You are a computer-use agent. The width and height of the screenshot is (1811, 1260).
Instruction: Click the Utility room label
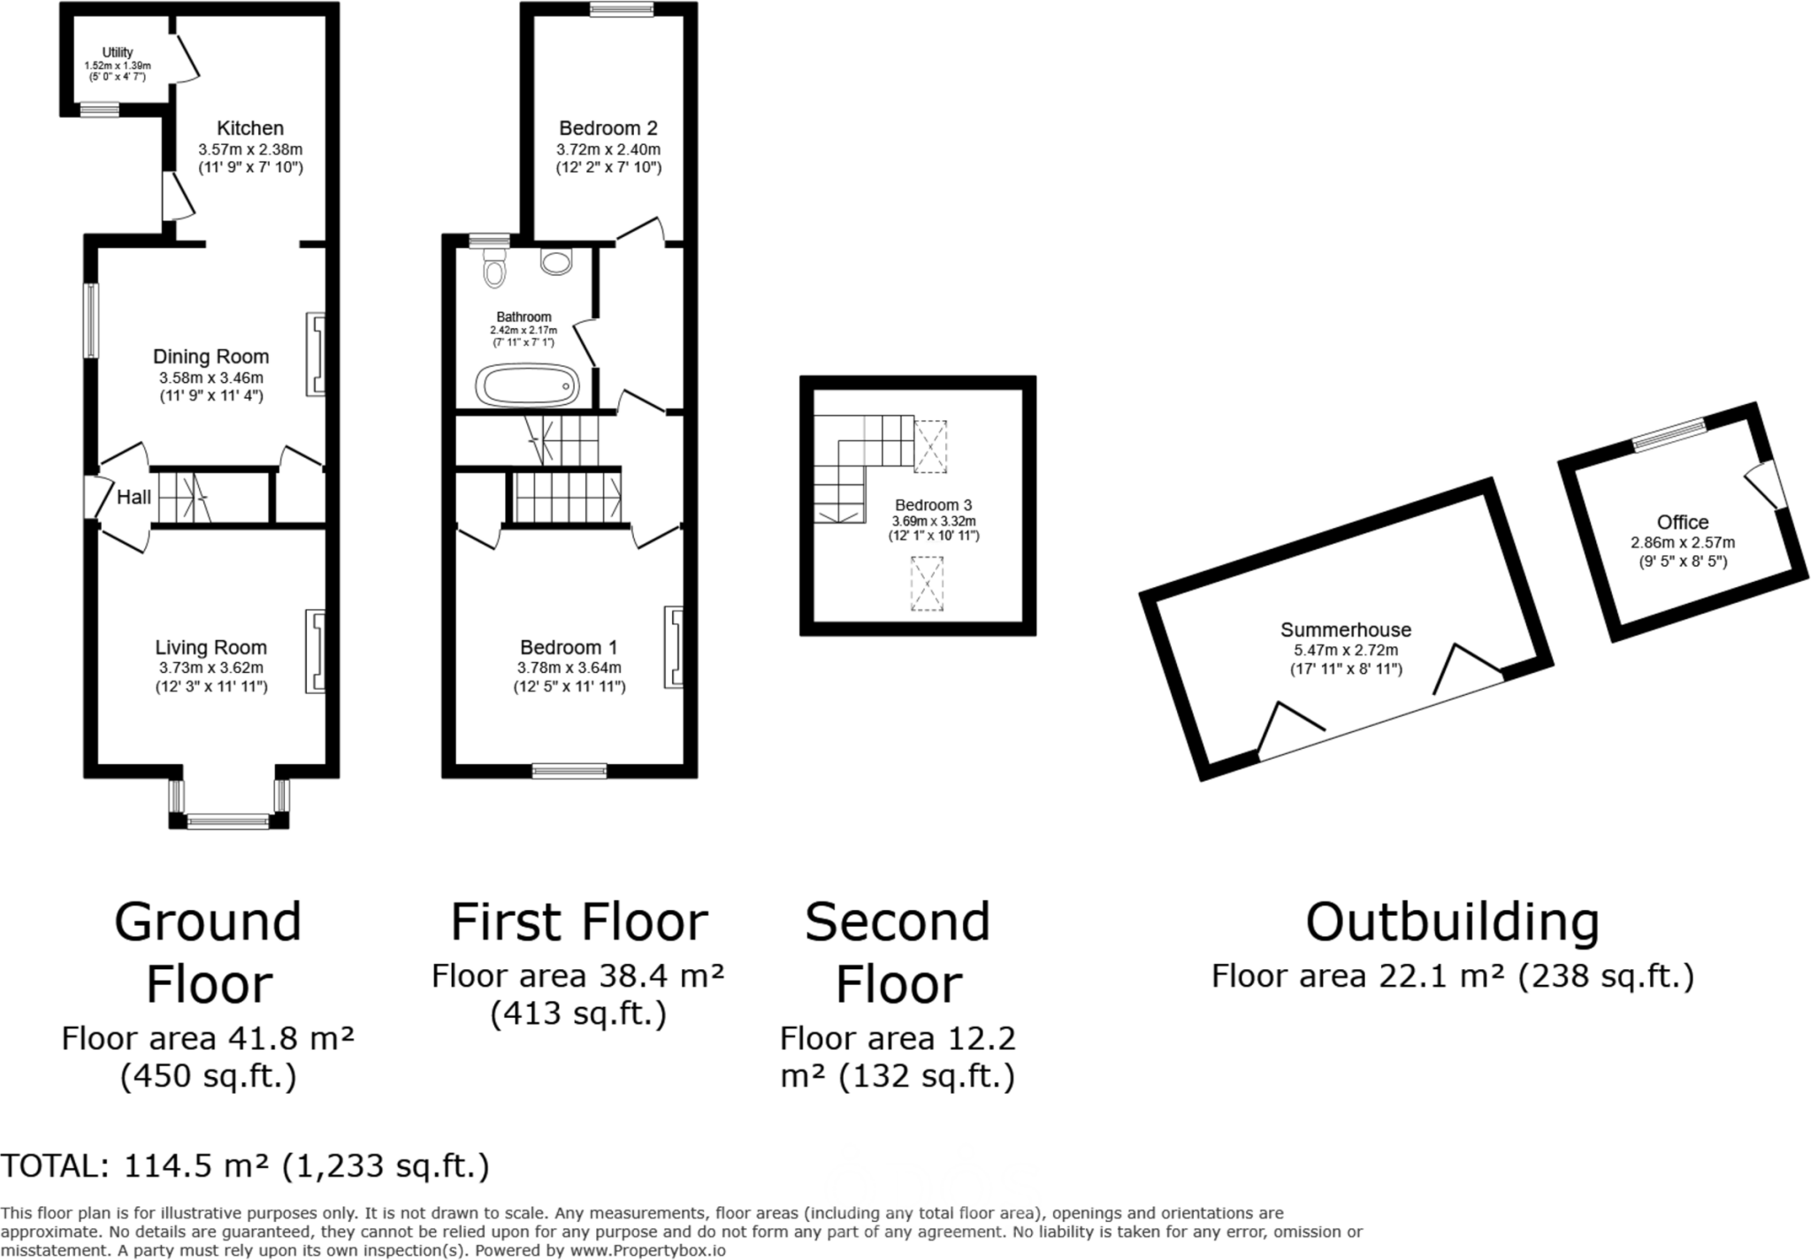tap(118, 52)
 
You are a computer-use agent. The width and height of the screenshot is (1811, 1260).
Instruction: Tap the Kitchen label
tap(250, 128)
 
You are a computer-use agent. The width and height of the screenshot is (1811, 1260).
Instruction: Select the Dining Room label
tap(211, 356)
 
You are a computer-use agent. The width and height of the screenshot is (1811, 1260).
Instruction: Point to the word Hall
tap(134, 497)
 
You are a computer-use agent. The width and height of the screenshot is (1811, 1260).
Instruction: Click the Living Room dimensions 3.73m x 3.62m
tap(211, 668)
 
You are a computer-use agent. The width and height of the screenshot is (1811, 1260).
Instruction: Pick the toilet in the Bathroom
tap(495, 266)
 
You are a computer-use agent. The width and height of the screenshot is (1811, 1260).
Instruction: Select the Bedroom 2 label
tap(608, 128)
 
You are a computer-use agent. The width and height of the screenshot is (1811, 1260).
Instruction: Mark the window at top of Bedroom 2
tap(622, 10)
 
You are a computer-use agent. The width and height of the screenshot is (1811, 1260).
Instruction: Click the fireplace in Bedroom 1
tap(674, 646)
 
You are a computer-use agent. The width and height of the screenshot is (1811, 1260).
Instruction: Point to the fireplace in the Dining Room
tap(316, 354)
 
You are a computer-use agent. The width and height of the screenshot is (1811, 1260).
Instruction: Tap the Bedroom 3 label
tap(933, 505)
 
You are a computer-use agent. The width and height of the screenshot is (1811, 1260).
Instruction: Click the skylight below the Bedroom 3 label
tap(927, 584)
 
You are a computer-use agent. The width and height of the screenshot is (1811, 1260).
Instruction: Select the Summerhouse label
tap(1346, 630)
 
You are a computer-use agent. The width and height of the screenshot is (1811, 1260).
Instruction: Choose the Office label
tap(1683, 522)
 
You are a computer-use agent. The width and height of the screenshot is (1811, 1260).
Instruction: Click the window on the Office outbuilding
tap(1670, 435)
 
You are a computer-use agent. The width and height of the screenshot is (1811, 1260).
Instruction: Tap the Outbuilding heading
tap(1452, 922)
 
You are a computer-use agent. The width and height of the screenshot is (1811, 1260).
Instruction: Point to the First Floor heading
tap(579, 922)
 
